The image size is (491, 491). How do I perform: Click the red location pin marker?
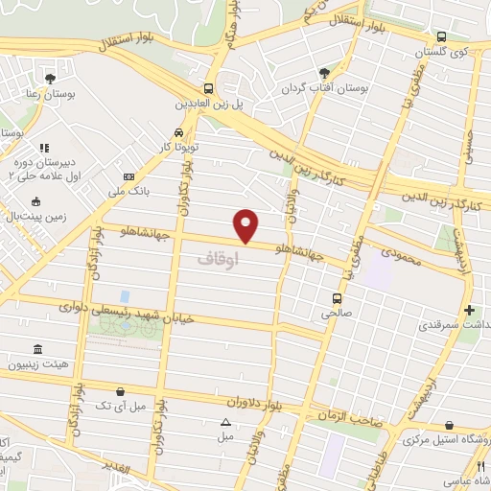click(247, 225)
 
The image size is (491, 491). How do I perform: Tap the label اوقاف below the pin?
click(216, 258)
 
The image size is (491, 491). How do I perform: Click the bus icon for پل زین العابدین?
click(208, 86)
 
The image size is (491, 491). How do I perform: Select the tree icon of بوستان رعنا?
click(50, 79)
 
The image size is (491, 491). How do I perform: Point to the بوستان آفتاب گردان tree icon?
click(323, 73)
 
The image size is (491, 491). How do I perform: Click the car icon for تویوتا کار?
click(178, 132)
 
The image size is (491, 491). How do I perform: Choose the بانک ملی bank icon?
click(129, 176)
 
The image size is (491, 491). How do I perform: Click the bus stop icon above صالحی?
click(336, 298)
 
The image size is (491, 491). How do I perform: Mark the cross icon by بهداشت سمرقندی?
click(469, 310)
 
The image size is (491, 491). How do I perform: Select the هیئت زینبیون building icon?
click(37, 349)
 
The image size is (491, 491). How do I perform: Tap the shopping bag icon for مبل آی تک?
click(119, 391)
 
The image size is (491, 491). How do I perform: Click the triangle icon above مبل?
click(225, 421)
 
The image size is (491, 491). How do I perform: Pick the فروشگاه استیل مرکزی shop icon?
click(450, 425)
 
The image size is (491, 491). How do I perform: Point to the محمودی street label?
click(401, 255)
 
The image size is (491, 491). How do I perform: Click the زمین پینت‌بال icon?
click(35, 201)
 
